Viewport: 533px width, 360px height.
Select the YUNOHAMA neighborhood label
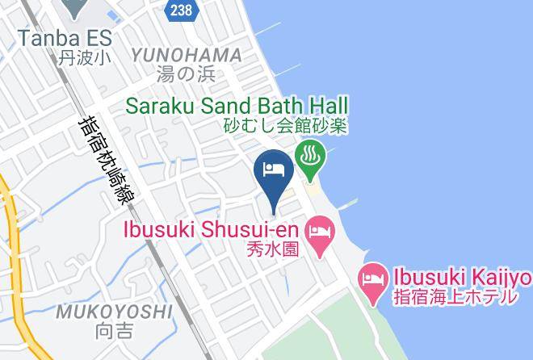coord(187,55)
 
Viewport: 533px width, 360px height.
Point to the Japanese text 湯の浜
coord(187,74)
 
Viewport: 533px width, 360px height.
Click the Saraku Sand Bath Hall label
coord(237,105)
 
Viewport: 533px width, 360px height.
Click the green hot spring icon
coord(312,155)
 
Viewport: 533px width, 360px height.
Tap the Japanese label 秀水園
coord(274,249)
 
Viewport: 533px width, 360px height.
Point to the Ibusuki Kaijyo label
coord(462,278)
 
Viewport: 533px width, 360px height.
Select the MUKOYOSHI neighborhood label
coord(114,310)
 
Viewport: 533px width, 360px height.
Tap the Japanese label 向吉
coord(115,329)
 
